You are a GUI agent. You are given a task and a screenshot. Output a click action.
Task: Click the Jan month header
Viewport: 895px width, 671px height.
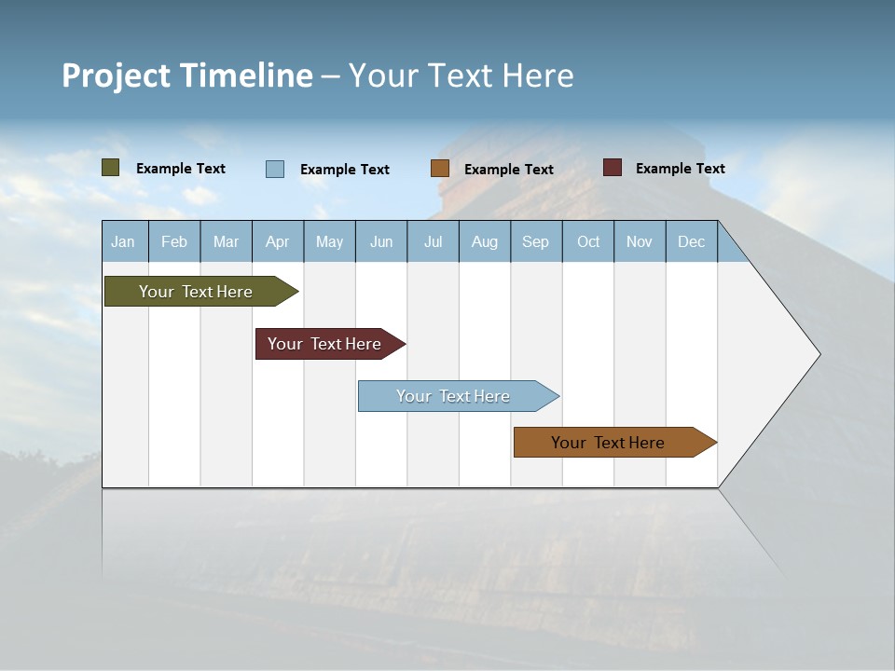click(123, 241)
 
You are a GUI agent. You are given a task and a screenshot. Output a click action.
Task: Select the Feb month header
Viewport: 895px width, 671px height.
click(174, 241)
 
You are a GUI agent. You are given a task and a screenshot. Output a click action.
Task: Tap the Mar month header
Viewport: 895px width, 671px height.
click(226, 241)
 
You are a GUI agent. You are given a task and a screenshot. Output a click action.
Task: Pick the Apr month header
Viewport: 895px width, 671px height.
click(277, 241)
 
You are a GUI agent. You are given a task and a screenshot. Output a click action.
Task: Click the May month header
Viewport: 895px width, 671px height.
click(329, 241)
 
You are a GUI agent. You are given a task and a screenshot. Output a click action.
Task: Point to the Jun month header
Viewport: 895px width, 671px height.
click(381, 241)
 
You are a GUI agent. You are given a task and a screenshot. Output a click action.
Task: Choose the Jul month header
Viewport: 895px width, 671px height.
click(433, 241)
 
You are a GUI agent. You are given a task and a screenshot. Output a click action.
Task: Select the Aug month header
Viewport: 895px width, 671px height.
click(485, 241)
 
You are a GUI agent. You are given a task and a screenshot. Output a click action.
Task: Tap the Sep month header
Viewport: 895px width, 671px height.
click(535, 241)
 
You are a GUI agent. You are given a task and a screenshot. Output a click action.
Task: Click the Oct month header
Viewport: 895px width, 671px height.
click(588, 241)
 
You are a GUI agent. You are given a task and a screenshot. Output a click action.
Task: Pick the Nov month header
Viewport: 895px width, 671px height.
click(640, 241)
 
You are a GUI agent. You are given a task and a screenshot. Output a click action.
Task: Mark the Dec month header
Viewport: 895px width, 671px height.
click(692, 241)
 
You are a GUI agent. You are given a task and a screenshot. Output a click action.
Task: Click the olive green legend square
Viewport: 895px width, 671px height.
click(111, 168)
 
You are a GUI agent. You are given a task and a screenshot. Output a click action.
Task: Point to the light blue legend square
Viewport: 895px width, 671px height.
click(275, 169)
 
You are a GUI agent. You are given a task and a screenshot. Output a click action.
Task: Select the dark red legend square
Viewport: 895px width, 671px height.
click(613, 168)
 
